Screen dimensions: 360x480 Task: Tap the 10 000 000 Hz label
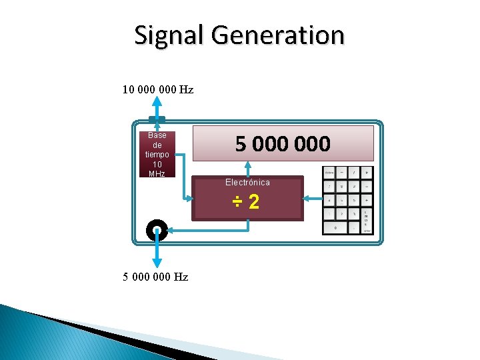(158, 89)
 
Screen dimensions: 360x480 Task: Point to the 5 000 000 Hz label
(155, 277)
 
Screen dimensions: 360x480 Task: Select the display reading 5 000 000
(283, 143)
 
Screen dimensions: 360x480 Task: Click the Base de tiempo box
(157, 154)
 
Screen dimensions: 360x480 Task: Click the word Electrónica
(247, 182)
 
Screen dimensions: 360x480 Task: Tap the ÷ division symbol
(237, 202)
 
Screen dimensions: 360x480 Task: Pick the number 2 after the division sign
(254, 202)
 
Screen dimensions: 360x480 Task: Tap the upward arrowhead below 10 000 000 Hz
(157, 101)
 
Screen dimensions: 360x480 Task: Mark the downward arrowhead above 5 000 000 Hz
(157, 263)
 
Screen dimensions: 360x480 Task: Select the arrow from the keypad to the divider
(311, 198)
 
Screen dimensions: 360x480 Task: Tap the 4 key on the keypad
(329, 200)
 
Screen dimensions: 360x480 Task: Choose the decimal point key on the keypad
(354, 227)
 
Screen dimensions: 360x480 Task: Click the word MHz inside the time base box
(157, 173)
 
